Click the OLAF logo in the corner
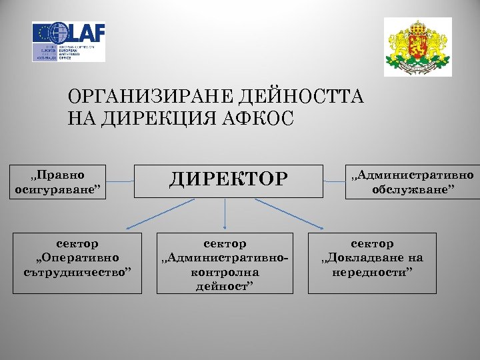(x=69, y=41)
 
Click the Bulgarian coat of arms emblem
(x=417, y=47)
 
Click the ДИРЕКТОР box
(x=228, y=181)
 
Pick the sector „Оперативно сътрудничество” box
(x=77, y=263)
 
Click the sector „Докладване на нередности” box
(x=372, y=263)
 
